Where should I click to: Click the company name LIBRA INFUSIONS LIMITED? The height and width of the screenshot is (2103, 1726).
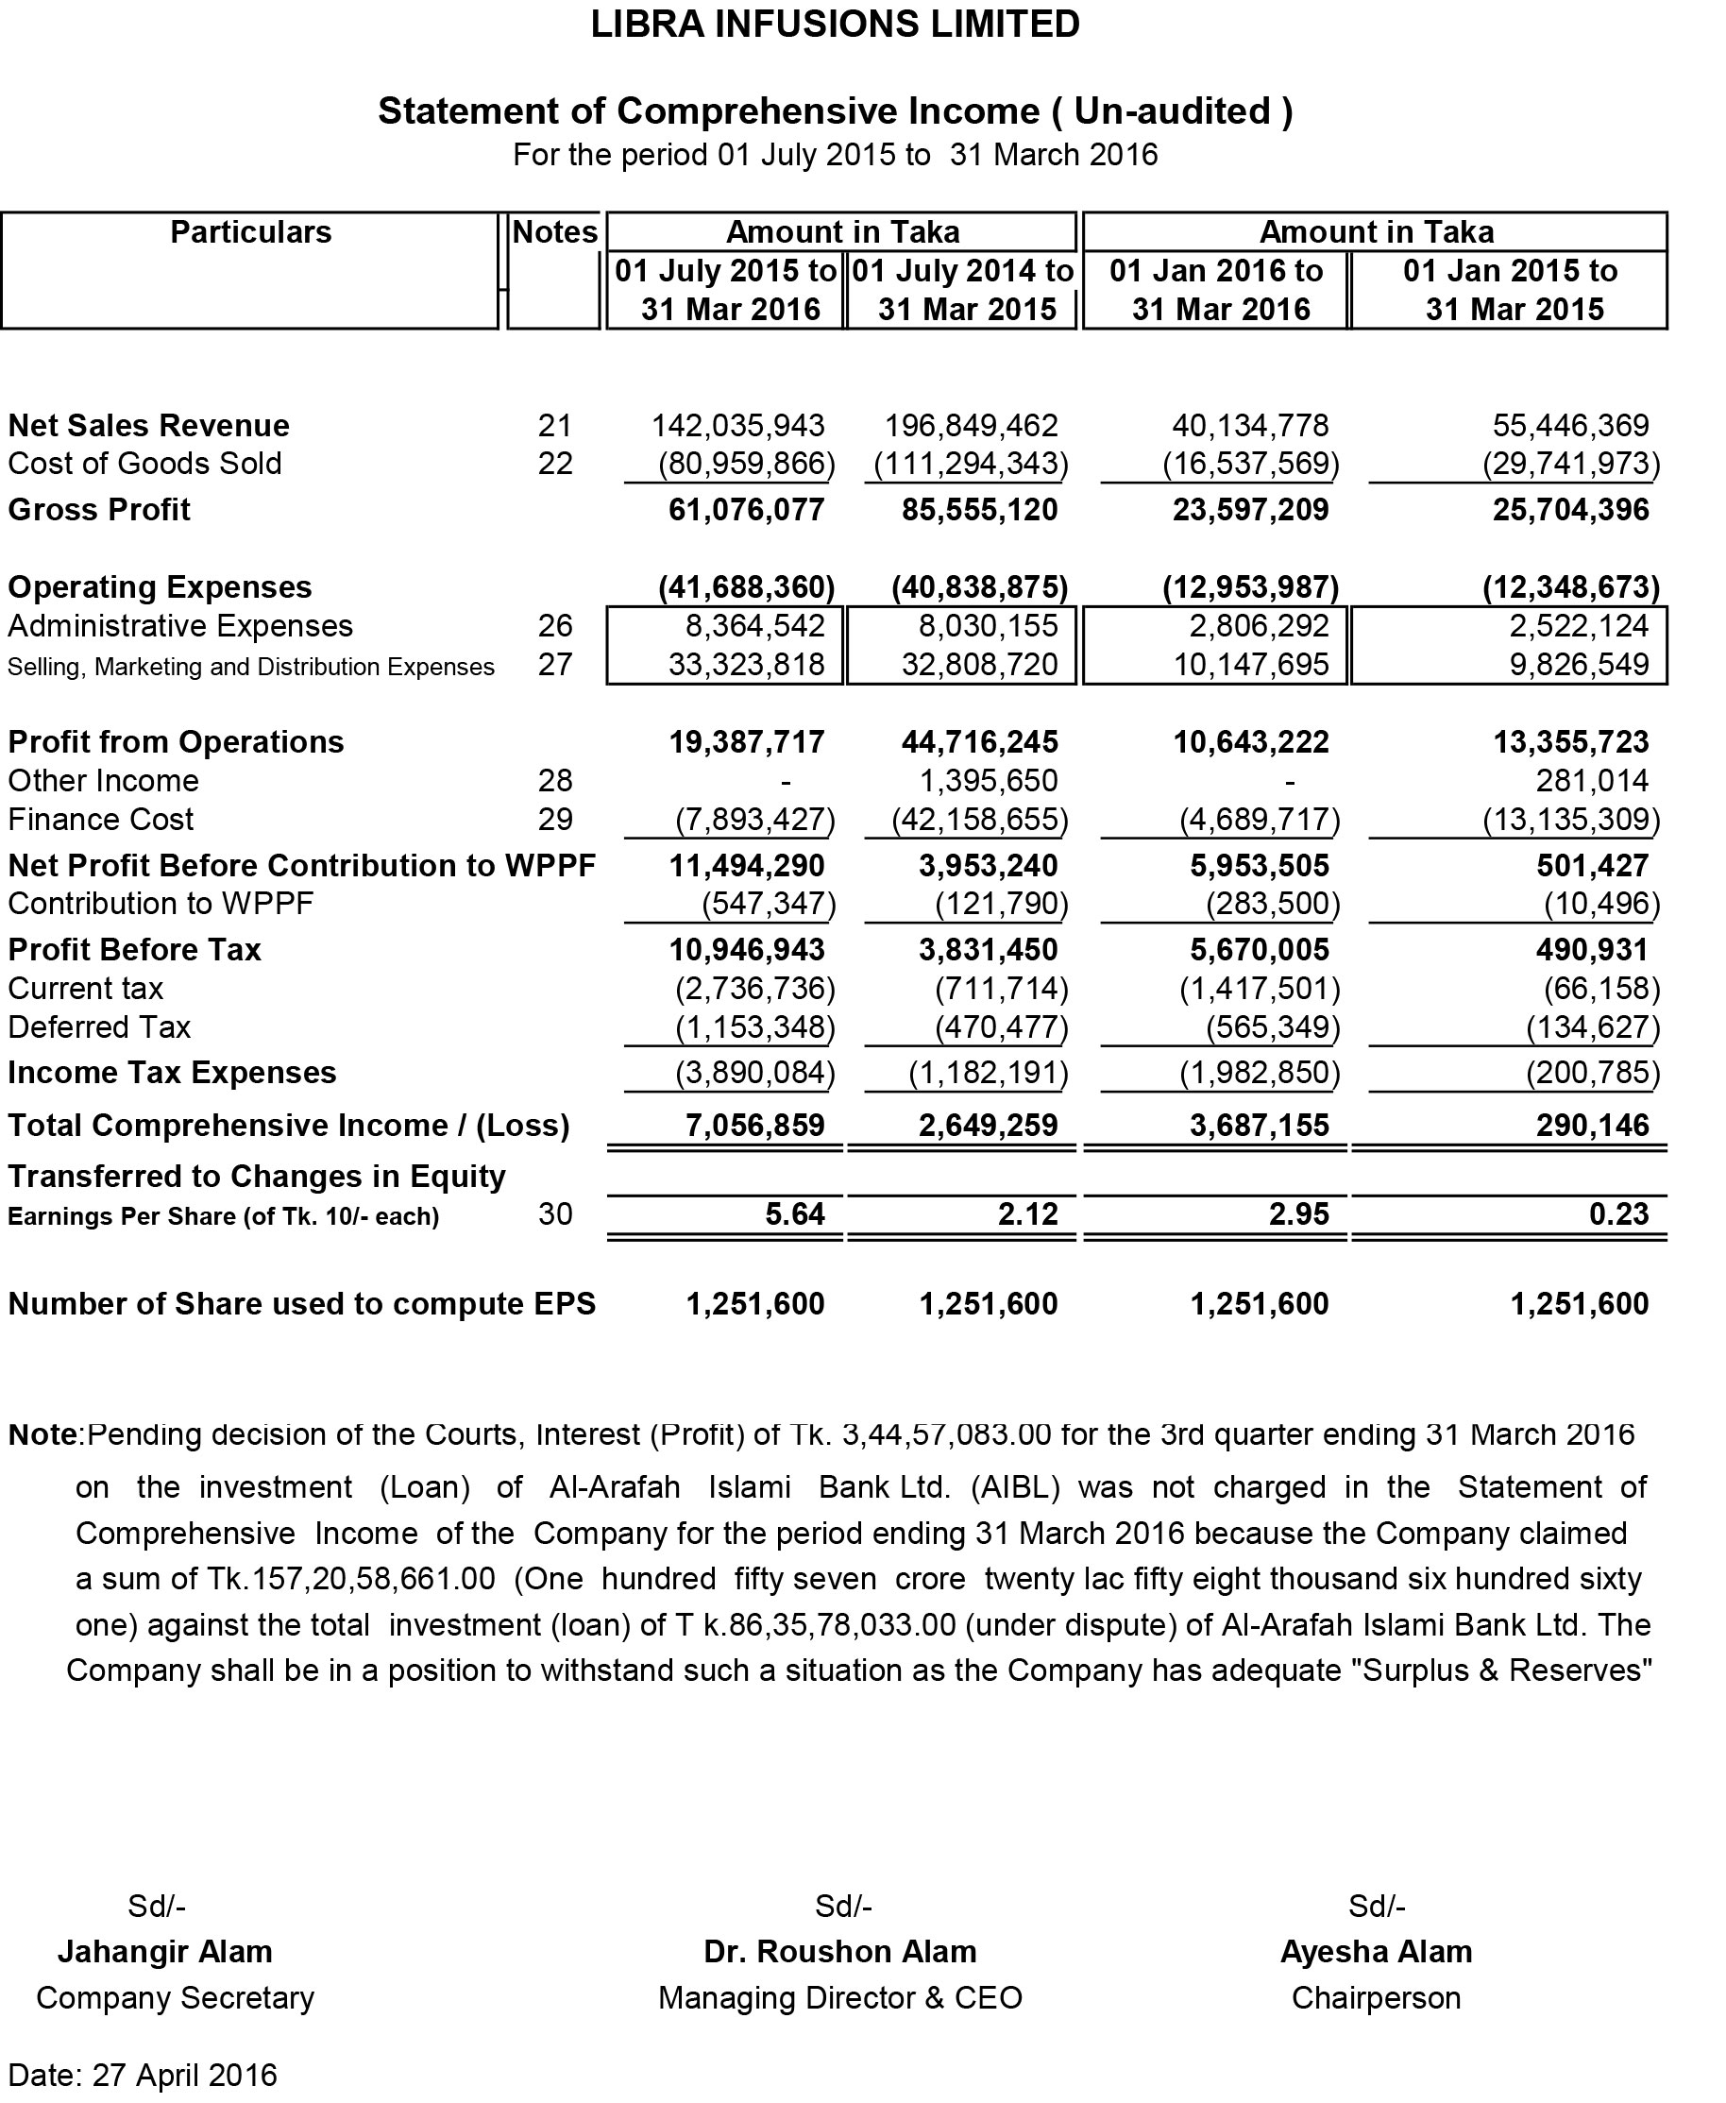click(836, 24)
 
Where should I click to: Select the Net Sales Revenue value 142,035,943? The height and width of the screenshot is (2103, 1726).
click(737, 426)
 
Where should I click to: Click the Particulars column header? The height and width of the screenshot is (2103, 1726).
click(250, 232)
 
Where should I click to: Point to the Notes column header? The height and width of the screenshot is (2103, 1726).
click(555, 232)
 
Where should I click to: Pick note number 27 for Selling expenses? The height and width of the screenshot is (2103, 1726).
click(555, 664)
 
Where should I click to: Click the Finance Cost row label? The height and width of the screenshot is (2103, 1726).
click(100, 820)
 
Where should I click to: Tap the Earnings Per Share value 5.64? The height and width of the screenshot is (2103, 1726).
click(794, 1214)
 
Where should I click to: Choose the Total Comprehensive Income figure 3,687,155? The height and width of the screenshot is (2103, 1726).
click(1259, 1126)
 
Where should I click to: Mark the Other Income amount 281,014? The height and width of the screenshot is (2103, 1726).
click(1592, 781)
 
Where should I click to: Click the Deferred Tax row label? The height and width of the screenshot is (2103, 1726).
click(99, 1027)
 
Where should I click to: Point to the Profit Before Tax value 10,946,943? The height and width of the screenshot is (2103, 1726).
click(747, 950)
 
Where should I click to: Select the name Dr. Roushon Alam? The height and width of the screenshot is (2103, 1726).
click(840, 1952)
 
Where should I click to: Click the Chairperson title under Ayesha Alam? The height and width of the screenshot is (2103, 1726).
click(1376, 1997)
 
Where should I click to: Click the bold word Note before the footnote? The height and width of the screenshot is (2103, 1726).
click(42, 1434)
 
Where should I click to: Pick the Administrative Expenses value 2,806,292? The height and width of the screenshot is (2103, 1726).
click(1259, 625)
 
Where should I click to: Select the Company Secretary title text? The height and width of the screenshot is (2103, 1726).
click(175, 1997)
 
